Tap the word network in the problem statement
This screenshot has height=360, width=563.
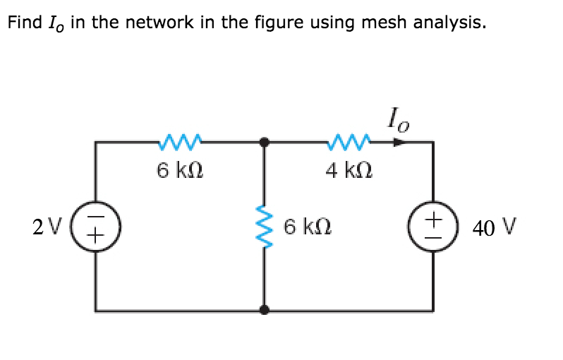[x=165, y=23]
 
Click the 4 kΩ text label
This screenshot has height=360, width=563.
[x=349, y=170]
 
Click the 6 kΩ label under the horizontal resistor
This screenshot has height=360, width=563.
[x=181, y=170]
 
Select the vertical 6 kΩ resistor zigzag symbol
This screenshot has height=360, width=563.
[x=265, y=226]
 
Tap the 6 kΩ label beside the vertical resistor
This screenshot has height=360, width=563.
[x=306, y=227]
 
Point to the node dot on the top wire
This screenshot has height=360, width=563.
[x=265, y=142]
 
